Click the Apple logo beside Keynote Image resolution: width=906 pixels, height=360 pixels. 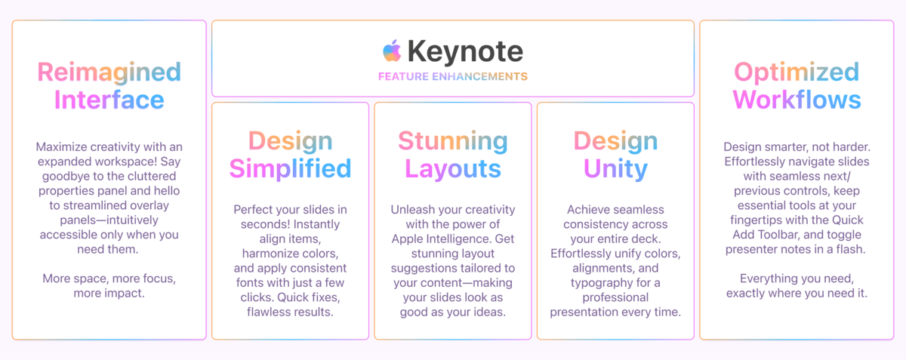pos(392,51)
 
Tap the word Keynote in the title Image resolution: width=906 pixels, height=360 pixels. pos(465,51)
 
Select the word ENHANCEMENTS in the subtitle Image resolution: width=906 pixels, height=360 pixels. pos(479,76)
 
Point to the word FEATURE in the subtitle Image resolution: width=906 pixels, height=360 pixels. pos(403,76)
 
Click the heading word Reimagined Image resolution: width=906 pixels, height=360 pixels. pos(109,72)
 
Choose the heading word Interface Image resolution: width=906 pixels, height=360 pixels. pos(109,100)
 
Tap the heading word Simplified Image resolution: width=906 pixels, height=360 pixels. pos(290,168)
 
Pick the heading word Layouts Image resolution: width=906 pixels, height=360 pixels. pos(453,169)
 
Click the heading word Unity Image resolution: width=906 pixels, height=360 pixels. pos(615,169)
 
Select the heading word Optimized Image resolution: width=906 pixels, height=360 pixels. pos(797,72)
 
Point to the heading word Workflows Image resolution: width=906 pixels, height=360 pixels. pos(797,100)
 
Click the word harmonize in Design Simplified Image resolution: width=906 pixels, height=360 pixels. pos(270,254)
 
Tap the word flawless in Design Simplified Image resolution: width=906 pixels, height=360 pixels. pos(267,312)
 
